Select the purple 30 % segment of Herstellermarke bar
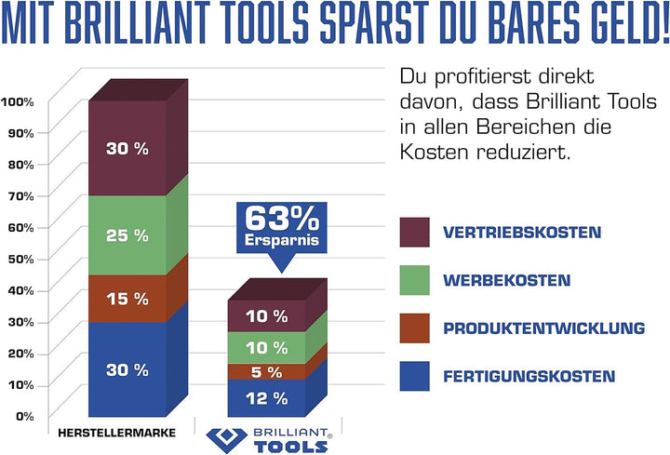[x=127, y=148]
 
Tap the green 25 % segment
[x=127, y=235]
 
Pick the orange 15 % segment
[x=127, y=299]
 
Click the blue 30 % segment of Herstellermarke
[x=127, y=369]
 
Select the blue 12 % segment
[x=266, y=398]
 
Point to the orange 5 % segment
[x=266, y=372]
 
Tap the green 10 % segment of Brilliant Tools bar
[x=266, y=348]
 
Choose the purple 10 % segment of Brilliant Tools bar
[x=266, y=316]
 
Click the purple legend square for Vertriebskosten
[x=414, y=232]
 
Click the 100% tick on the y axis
[x=19, y=101]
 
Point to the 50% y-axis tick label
[x=20, y=258]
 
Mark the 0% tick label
[x=24, y=416]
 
